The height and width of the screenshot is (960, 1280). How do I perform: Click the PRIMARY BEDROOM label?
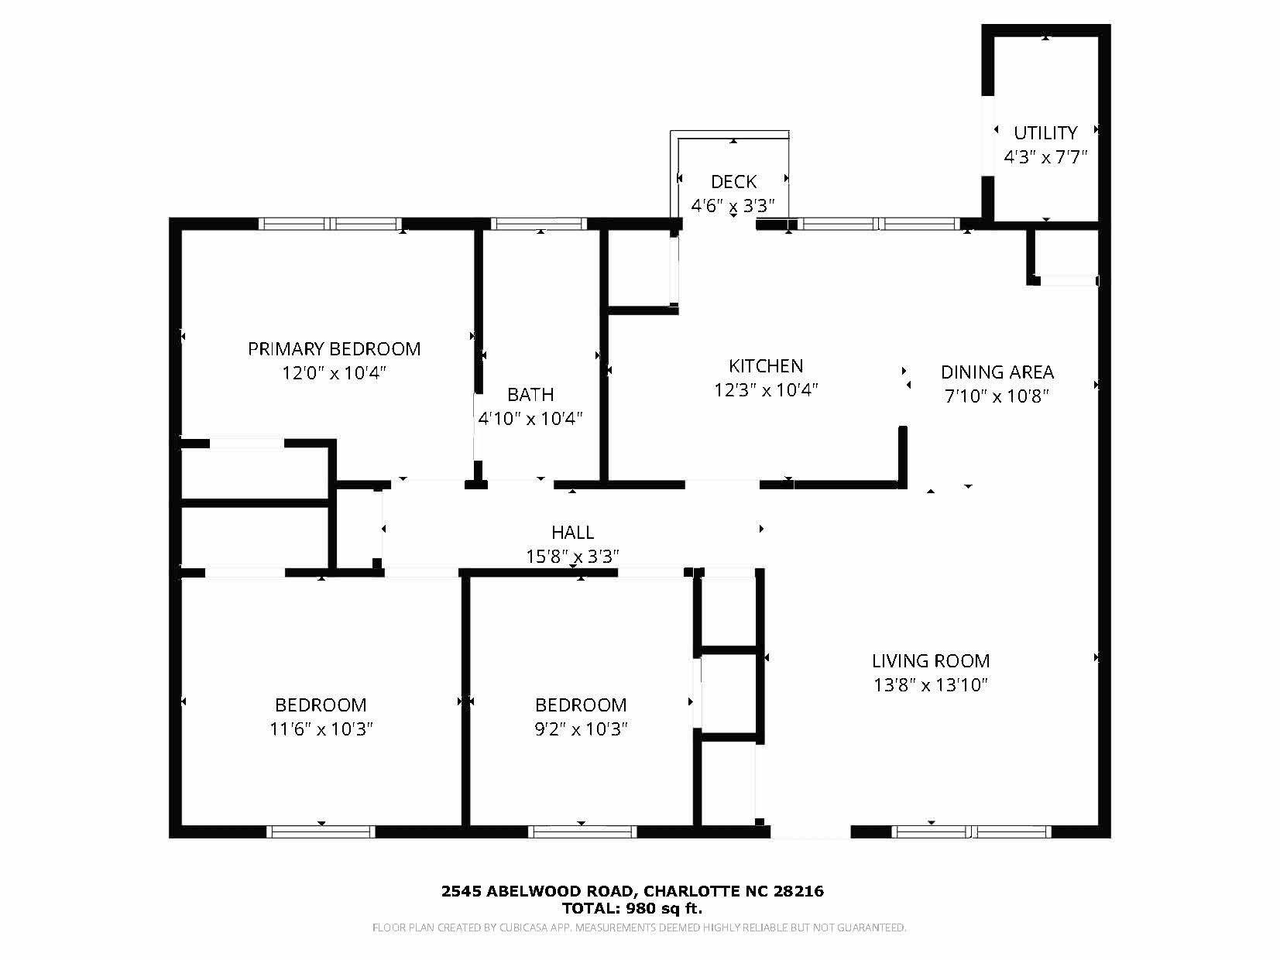coord(334,349)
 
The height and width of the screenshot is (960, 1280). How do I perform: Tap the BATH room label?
coord(530,395)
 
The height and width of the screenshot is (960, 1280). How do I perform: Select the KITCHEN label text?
coord(766,366)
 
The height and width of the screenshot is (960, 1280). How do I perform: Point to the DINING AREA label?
coord(997,372)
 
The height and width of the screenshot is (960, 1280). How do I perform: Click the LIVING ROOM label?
coord(931,661)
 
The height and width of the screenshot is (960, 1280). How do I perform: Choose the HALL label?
coord(572,533)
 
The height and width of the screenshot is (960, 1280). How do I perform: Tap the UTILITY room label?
coord(1045,133)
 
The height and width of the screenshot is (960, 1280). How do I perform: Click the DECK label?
coord(733,182)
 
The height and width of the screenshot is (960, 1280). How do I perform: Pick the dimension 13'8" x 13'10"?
coord(931,685)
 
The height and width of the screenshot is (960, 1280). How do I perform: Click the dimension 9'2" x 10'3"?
coord(581,729)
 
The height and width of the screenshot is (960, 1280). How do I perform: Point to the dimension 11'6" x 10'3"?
coord(321,729)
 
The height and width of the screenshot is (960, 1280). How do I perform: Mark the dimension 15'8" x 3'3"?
coord(572,557)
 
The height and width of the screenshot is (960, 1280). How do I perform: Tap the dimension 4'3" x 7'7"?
coord(1045,157)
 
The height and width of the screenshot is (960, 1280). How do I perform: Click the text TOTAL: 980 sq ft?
coord(633,908)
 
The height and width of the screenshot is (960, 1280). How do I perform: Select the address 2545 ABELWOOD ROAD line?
coord(633,891)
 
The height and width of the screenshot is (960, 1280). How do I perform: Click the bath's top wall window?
coord(539,224)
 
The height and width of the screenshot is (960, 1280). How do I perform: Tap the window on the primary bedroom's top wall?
coord(331,224)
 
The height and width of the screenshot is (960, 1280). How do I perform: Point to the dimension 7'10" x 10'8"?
coord(997,396)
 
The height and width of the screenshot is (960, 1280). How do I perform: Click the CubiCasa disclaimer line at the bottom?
coord(639,927)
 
